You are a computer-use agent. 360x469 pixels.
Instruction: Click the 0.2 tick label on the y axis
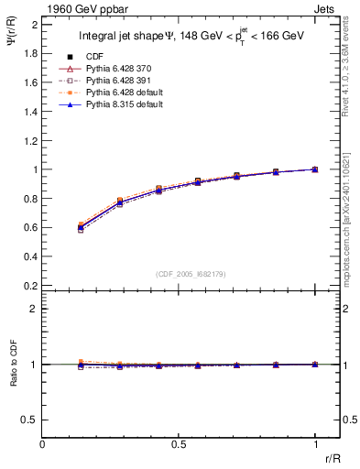pyautogui.click(x=31, y=285)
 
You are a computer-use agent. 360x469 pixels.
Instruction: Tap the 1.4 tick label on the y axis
pyautogui.click(x=31, y=111)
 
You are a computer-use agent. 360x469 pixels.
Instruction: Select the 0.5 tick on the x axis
pyautogui.click(x=179, y=444)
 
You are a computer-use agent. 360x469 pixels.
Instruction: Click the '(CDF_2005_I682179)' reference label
pyautogui.click(x=179, y=274)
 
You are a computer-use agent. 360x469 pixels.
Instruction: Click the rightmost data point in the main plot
pyautogui.click(x=315, y=169)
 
